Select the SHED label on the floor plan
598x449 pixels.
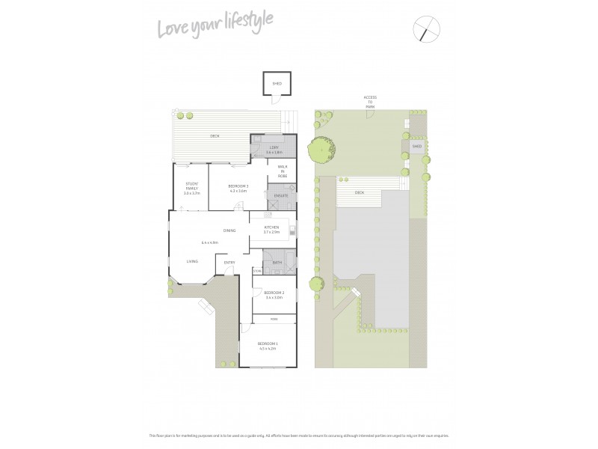[x=277, y=85]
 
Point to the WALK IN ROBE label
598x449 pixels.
[x=283, y=171]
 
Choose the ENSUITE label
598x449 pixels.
[x=281, y=195]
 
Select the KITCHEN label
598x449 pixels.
[x=271, y=228]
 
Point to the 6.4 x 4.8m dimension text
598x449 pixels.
[x=209, y=242]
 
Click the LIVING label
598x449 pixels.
[x=192, y=261]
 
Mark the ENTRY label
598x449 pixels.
[x=229, y=262]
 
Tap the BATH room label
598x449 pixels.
[x=277, y=263]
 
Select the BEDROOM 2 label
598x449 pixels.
[x=274, y=293]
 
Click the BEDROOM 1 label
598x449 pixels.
[x=268, y=345]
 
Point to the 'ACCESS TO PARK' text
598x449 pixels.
[x=370, y=102]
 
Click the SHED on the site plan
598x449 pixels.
[x=416, y=147]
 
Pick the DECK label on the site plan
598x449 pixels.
[x=360, y=192]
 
